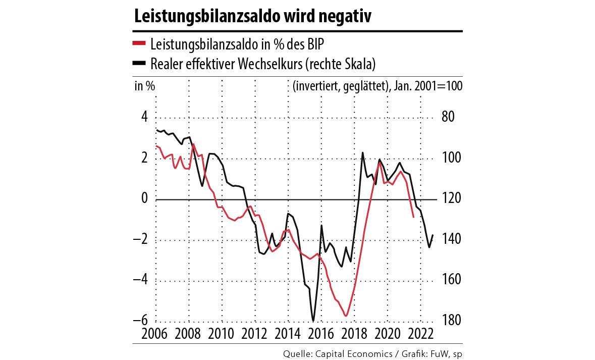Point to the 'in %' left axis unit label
(144, 86)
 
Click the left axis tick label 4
(144, 117)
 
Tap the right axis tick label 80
(449, 117)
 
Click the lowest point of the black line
(313, 321)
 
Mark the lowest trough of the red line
(346, 316)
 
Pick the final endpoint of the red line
(413, 217)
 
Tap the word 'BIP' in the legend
(313, 44)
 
